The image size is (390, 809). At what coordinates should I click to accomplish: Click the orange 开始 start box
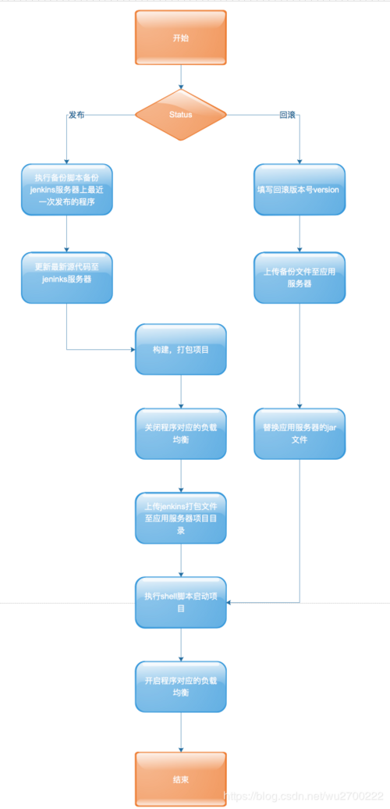[x=180, y=37]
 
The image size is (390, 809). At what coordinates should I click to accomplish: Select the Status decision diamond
[x=180, y=114]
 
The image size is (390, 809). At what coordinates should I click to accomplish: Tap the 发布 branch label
[x=76, y=114]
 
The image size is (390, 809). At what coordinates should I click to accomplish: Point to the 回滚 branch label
[x=287, y=114]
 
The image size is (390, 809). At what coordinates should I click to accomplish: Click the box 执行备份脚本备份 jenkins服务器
[x=67, y=189]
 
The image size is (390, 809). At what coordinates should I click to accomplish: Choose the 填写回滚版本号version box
[x=300, y=189]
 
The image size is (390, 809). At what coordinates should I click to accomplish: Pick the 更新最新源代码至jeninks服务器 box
[x=67, y=276]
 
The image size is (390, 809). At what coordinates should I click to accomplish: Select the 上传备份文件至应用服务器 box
[x=300, y=277]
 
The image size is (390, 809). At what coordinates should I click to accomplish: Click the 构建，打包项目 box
[x=180, y=350]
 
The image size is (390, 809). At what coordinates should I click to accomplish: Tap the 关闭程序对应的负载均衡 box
[x=180, y=433]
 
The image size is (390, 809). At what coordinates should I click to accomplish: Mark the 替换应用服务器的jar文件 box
[x=300, y=433]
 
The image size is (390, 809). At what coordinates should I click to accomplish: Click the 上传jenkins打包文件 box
[x=180, y=517]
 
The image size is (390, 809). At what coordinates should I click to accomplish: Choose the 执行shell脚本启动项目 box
[x=180, y=601]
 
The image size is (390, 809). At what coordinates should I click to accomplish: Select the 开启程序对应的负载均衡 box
[x=180, y=686]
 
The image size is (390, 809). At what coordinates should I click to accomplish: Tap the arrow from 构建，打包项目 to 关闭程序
[x=181, y=391]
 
